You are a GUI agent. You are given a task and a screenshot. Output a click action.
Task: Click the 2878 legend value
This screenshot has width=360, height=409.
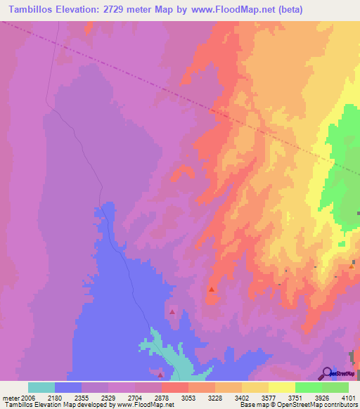[162, 397]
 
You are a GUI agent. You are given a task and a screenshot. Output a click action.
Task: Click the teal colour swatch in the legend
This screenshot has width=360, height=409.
[41, 387]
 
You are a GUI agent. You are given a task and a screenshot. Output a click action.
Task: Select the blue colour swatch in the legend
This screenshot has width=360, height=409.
[68, 387]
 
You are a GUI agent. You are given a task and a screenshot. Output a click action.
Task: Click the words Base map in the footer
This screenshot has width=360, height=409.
[252, 405]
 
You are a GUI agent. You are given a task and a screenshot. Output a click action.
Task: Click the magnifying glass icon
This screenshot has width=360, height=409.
[328, 372]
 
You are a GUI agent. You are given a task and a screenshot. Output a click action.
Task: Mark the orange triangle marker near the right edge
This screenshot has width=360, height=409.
[352, 266]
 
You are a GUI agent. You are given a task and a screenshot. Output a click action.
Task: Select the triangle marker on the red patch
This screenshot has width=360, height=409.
[211, 288]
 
